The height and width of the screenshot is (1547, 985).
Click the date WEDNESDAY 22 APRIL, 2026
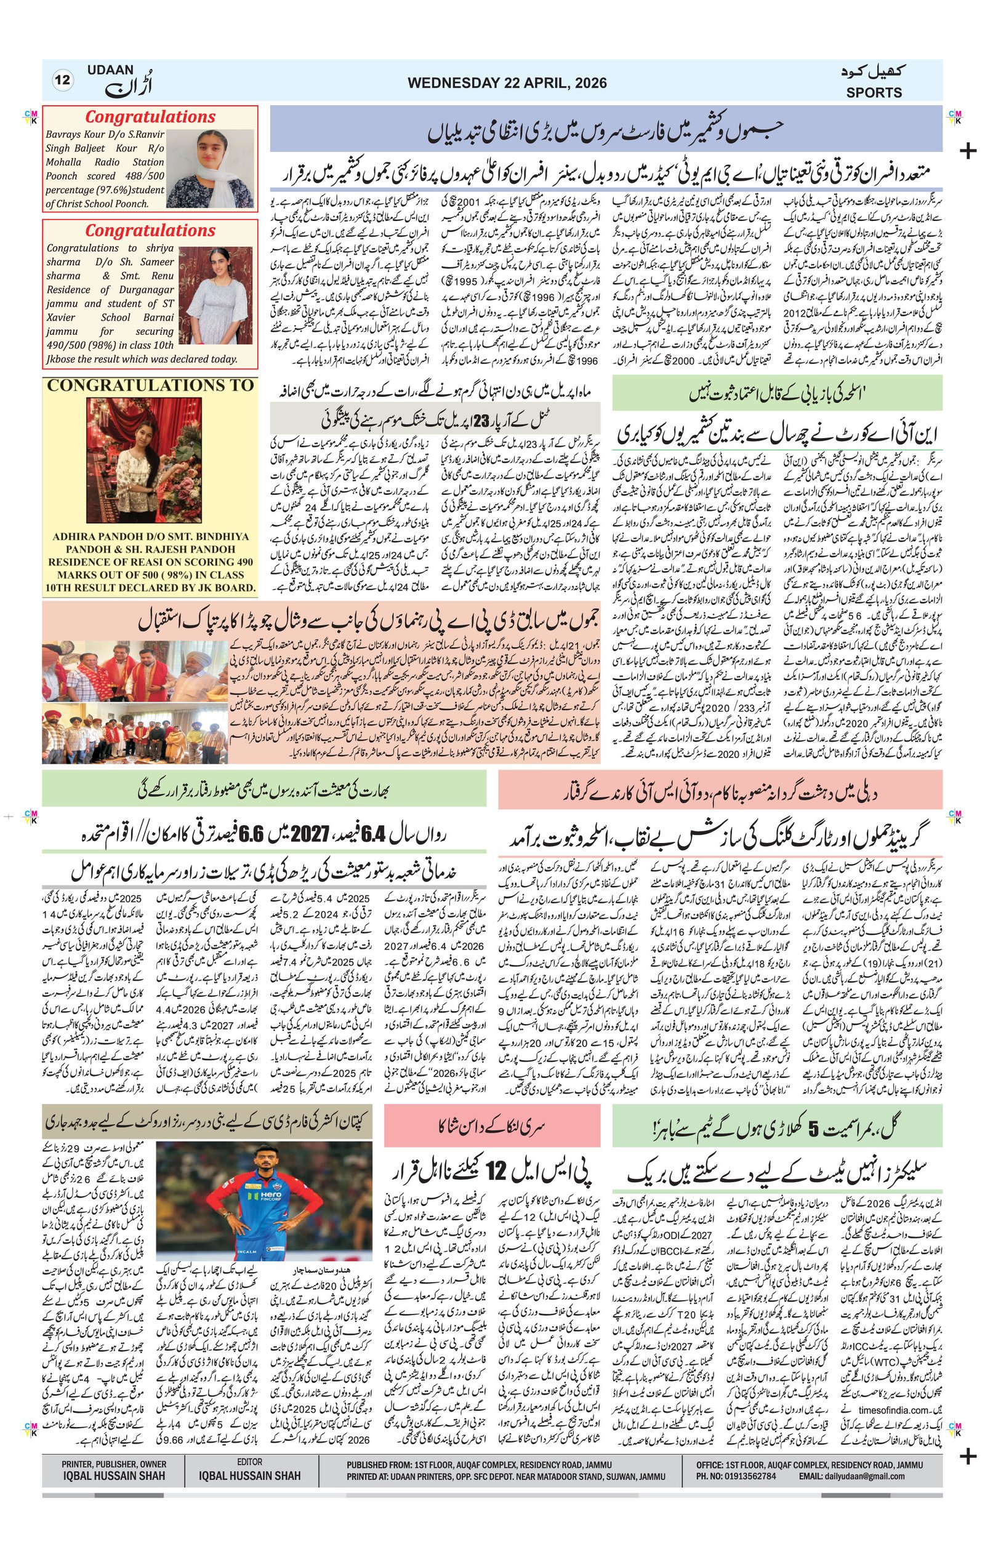pos(507,83)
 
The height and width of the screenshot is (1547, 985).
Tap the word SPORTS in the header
pos(874,92)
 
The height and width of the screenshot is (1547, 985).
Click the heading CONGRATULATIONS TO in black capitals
pos(150,385)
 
